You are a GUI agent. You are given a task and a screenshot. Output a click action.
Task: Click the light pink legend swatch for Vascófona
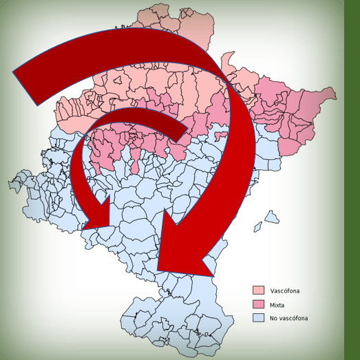259,290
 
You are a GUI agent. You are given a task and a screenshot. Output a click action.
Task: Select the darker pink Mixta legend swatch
259,304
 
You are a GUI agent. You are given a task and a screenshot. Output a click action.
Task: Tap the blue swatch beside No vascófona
259,318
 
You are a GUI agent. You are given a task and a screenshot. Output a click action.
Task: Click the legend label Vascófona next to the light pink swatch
285,290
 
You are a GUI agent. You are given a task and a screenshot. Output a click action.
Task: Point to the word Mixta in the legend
277,304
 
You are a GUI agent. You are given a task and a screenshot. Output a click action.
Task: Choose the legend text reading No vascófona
289,318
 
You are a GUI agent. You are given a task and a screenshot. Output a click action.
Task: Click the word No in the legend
273,318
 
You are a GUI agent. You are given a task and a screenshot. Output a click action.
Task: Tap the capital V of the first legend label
273,290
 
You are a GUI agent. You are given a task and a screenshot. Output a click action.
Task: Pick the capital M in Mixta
273,304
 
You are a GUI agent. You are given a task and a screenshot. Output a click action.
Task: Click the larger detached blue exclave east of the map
272,218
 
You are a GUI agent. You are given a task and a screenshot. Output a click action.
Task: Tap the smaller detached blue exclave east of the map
258,226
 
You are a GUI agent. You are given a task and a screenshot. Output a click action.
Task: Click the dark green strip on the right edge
352,179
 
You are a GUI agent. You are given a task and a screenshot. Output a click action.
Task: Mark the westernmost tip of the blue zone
10,184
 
